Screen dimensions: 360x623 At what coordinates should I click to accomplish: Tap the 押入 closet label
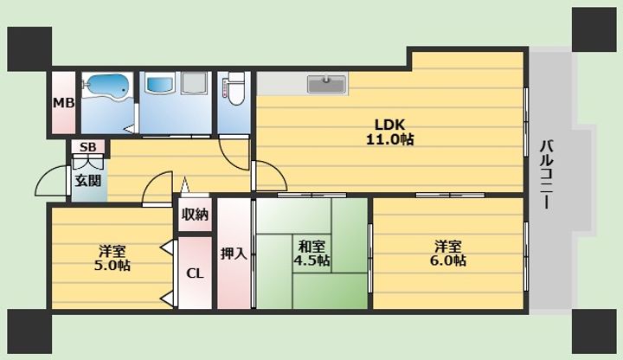point(232,254)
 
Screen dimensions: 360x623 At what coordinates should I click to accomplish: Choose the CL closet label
point(196,273)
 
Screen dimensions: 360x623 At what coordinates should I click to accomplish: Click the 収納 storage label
point(196,215)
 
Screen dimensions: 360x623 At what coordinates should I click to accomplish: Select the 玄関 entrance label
point(87,181)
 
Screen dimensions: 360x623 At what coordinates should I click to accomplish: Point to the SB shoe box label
point(87,147)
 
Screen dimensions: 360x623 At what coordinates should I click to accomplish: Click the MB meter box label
point(63,103)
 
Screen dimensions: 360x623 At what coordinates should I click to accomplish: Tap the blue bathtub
point(106,87)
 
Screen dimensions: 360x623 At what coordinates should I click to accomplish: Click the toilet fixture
point(234,89)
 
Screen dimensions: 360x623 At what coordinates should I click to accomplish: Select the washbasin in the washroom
point(161,85)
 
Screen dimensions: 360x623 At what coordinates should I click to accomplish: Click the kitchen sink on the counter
point(326,84)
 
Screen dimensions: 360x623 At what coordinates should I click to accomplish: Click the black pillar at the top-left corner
point(29,48)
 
